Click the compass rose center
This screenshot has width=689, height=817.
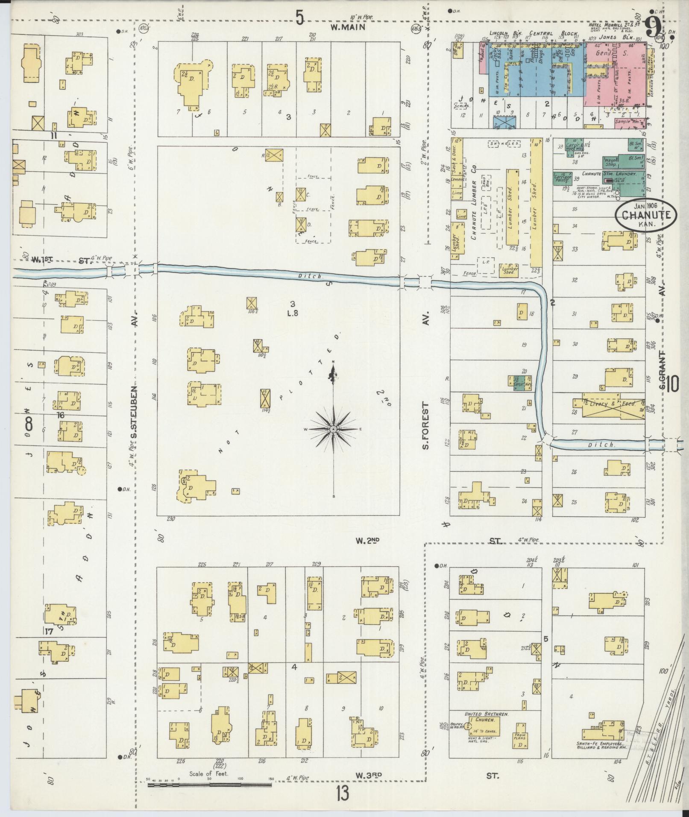[x=333, y=428]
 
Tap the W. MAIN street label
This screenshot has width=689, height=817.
[x=349, y=27]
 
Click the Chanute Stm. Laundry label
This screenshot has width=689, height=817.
[x=611, y=174]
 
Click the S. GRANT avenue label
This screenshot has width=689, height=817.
[x=663, y=370]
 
